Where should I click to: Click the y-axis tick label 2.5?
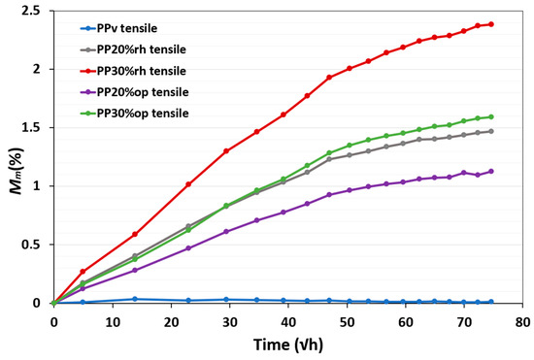point(34,11)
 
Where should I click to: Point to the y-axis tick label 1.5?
point(34,128)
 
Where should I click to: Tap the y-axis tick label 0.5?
point(34,245)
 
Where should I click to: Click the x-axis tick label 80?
point(523,319)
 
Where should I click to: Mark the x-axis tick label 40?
point(288,319)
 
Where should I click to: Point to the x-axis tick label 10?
point(112,319)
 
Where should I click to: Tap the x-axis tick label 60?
point(406,319)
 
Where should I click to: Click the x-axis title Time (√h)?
point(288,343)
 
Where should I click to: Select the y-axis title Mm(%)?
point(13,157)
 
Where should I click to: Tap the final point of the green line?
point(491,117)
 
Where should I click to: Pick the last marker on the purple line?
point(491,172)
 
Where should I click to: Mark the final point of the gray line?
point(491,131)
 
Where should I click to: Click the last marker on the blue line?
point(491,302)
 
